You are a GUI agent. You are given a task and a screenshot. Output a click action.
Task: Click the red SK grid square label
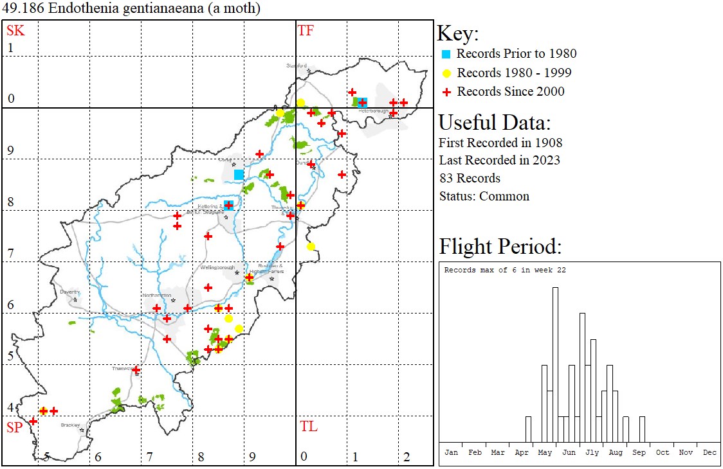click(15, 30)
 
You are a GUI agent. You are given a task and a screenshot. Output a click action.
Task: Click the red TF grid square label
click(306, 30)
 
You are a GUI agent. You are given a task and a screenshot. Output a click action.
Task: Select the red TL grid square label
click(308, 427)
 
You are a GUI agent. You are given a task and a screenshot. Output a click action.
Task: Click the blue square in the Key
click(447, 54)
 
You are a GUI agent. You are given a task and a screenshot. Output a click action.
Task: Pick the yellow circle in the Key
click(447, 73)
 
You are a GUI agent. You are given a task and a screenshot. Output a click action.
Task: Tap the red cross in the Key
click(447, 92)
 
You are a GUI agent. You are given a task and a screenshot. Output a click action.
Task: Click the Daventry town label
click(69, 292)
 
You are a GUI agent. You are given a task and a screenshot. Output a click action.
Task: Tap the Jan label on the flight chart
click(452, 452)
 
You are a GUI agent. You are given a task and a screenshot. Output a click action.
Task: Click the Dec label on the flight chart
click(709, 452)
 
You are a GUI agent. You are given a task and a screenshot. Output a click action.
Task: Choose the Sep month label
click(639, 452)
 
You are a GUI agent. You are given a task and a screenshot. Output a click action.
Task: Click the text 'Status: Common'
click(484, 196)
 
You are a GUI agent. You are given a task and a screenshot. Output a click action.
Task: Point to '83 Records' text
click(470, 178)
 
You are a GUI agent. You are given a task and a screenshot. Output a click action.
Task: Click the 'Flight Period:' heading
click(500, 246)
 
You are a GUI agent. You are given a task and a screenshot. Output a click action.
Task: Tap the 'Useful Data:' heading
click(494, 122)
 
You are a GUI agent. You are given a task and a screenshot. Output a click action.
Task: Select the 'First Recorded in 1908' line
click(500, 143)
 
